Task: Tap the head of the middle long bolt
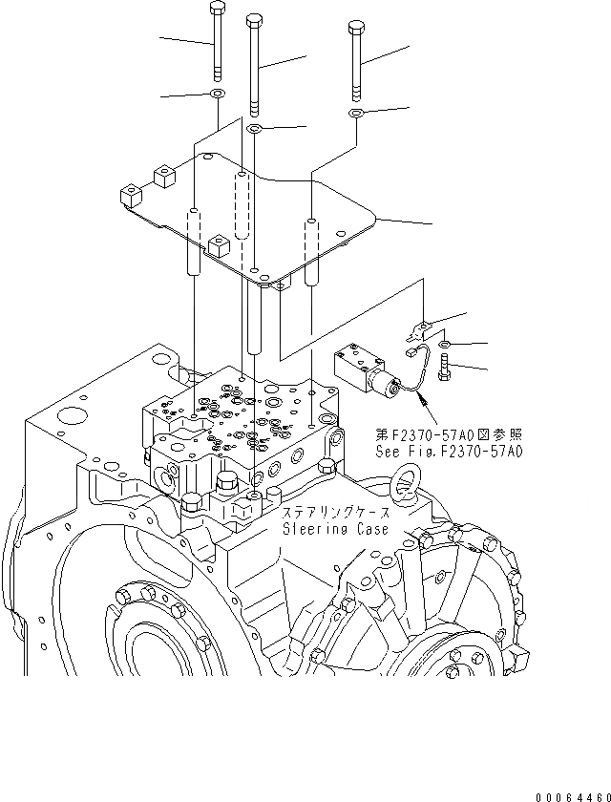[x=253, y=19]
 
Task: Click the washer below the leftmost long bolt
[x=218, y=94]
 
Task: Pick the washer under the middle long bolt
[x=255, y=128]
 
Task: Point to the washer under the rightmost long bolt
[x=355, y=114]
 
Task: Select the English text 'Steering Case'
[x=335, y=530]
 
